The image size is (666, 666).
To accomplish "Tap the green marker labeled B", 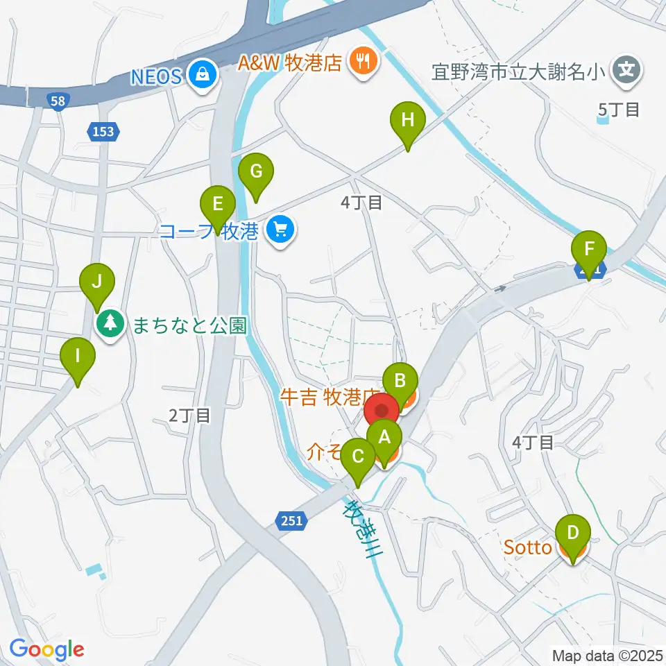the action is (x=400, y=380).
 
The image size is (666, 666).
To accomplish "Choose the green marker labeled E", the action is (x=218, y=205).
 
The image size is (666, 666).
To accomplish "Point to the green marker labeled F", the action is (x=590, y=248).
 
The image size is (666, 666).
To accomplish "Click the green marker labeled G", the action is (x=256, y=171).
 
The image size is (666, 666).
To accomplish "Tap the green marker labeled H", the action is (x=408, y=120).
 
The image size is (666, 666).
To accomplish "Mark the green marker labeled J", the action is (x=97, y=282).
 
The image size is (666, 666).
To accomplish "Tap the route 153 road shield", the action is (x=104, y=130).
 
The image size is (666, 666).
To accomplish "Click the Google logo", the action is (x=46, y=649).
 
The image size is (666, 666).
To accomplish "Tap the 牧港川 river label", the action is (x=360, y=522).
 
